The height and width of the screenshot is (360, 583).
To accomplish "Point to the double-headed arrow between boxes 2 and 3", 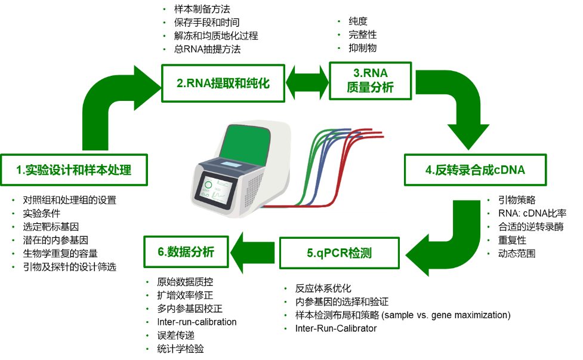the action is coord(307,82).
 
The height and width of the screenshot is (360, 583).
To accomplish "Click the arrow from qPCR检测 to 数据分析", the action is coord(253,253).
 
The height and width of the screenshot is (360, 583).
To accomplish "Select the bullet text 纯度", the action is coord(358,21).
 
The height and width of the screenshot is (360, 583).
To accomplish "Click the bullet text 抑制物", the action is coord(363,48).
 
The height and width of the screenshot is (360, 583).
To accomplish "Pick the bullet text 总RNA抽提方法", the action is coord(207,49).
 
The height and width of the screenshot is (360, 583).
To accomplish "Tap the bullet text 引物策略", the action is coord(517,200).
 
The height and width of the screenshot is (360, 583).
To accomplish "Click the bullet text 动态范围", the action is coord(517,254).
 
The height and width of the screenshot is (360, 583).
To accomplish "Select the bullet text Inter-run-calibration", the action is coord(197,322).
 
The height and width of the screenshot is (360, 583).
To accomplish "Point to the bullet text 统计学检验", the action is coord(180,349).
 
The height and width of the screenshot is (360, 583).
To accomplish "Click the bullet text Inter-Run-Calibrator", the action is coord(336,328).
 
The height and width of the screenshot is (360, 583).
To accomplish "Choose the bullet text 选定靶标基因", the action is coord(51,227).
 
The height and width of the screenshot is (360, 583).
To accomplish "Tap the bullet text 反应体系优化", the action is coord(323,288).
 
